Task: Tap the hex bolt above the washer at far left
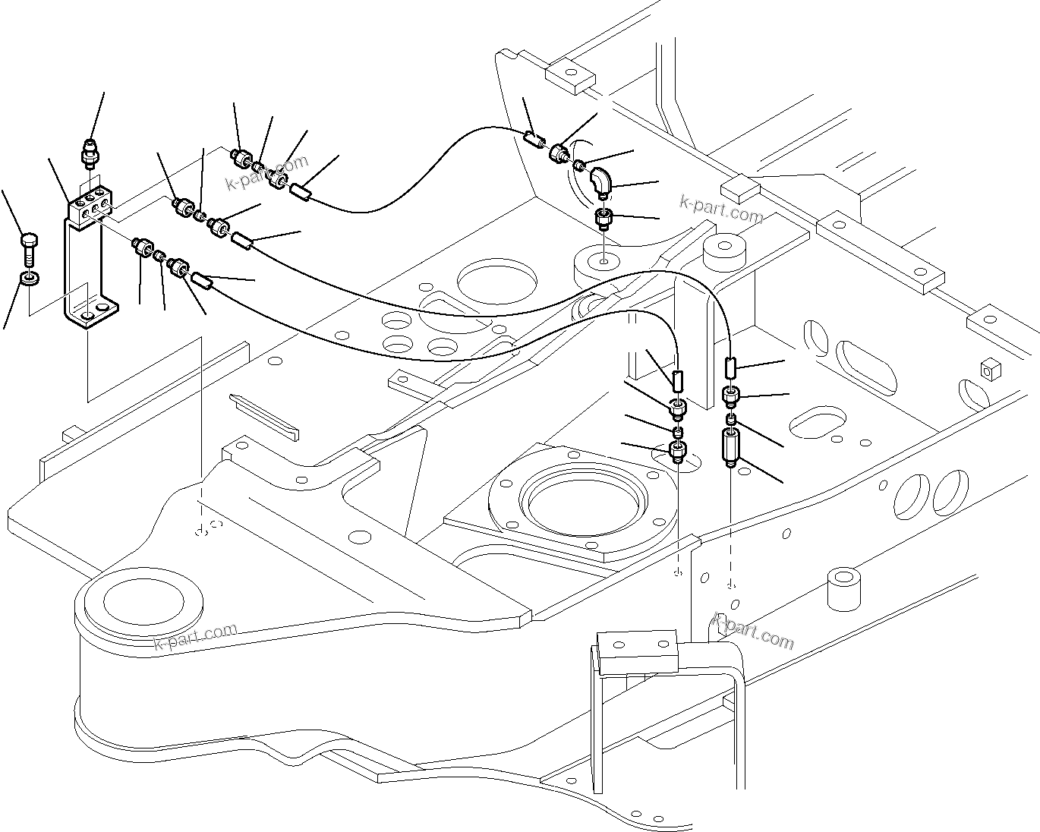pos(29,248)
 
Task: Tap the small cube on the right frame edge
pos(988,370)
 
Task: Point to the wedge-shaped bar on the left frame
pos(265,416)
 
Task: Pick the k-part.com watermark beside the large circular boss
pos(195,636)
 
